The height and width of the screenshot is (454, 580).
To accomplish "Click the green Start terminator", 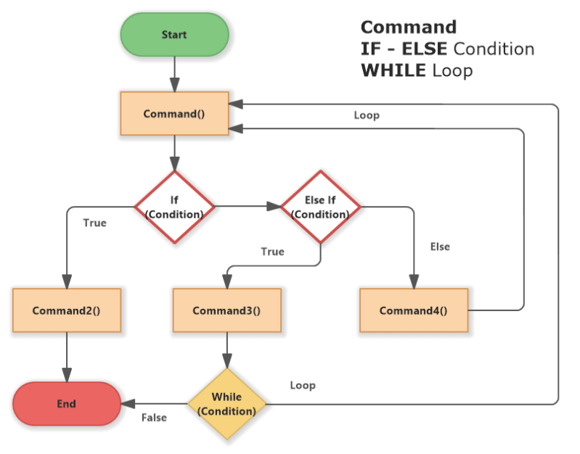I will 174,35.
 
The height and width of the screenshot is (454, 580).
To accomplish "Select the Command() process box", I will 174,114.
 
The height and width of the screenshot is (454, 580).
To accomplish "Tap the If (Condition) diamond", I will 174,207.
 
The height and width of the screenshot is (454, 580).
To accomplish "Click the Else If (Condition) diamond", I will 320,207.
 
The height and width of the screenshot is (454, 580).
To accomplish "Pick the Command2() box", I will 66,311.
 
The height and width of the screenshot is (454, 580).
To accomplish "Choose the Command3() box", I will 226,311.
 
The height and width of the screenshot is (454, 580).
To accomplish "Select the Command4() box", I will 414,311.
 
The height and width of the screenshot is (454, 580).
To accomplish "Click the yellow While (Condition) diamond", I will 227,404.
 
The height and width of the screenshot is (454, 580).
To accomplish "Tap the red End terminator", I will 66,404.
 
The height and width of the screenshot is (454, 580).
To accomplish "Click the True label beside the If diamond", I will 94,223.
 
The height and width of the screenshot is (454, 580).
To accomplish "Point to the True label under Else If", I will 272,252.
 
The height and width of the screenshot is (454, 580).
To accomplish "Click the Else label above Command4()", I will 440,247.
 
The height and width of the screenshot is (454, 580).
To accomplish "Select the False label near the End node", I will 154,418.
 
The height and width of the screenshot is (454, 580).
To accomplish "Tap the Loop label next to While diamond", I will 303,385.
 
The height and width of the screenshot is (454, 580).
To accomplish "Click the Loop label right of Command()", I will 367,115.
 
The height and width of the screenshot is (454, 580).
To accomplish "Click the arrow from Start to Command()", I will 174,73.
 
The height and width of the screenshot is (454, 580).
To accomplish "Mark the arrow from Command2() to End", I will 66,357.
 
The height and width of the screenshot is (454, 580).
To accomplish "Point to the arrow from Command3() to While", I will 227,351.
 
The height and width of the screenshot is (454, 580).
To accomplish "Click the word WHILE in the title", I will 393,70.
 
